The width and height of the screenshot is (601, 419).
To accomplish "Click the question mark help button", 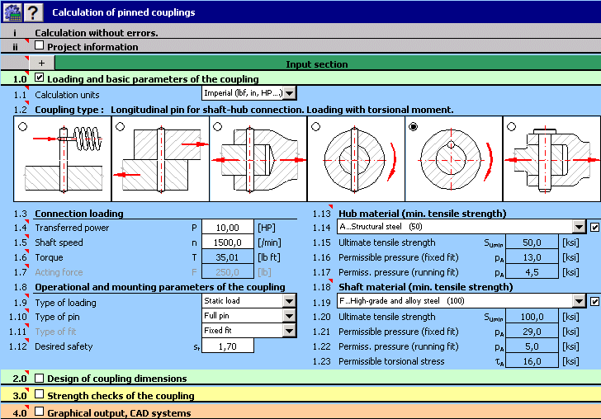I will [34, 12].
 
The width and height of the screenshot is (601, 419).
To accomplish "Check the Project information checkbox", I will [40, 47].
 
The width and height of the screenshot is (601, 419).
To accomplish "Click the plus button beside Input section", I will [41, 64].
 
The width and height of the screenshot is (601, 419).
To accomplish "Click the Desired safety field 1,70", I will [227, 346].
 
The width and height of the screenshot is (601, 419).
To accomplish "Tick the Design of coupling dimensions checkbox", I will [40, 379].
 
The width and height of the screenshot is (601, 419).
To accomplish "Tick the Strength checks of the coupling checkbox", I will [40, 395].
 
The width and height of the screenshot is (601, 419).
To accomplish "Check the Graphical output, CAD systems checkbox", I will [40, 412].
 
